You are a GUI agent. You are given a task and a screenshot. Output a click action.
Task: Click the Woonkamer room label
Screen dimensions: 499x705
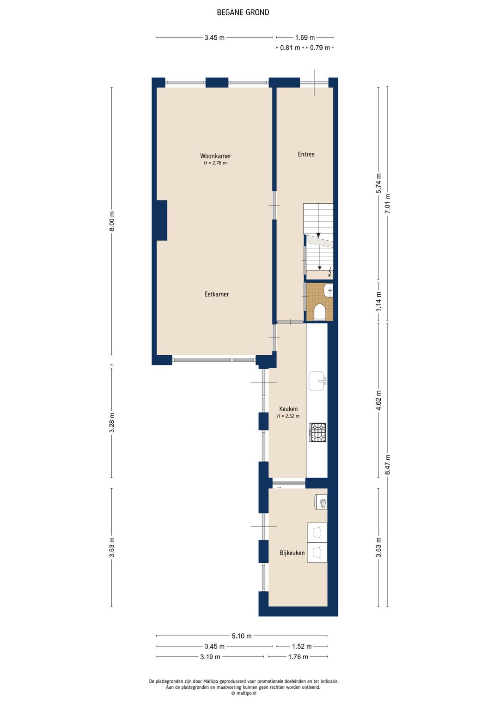215,156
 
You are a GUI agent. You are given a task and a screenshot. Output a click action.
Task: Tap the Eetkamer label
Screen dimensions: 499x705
217,294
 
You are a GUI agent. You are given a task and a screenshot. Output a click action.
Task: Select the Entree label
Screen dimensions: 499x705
306,154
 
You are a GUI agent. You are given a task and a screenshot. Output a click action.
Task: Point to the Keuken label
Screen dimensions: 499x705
288,409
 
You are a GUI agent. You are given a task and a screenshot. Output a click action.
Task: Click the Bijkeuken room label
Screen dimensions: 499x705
292,553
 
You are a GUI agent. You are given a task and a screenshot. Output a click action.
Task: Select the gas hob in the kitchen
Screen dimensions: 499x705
318,432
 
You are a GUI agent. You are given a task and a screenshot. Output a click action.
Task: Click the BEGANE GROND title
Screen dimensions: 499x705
243,12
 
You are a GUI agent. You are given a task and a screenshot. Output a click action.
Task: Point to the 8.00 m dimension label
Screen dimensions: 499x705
112,221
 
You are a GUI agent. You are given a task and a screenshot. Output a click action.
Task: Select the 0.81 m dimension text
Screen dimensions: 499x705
290,48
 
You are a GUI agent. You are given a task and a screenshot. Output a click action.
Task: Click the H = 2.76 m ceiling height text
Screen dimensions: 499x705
215,163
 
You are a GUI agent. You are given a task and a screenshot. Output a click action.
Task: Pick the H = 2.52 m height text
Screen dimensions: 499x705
288,416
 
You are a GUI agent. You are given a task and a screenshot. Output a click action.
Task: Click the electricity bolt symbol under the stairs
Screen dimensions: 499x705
330,272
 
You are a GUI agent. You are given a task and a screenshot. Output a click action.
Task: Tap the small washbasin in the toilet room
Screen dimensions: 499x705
329,290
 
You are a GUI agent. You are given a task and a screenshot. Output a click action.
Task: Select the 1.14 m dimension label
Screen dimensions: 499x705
379,301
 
